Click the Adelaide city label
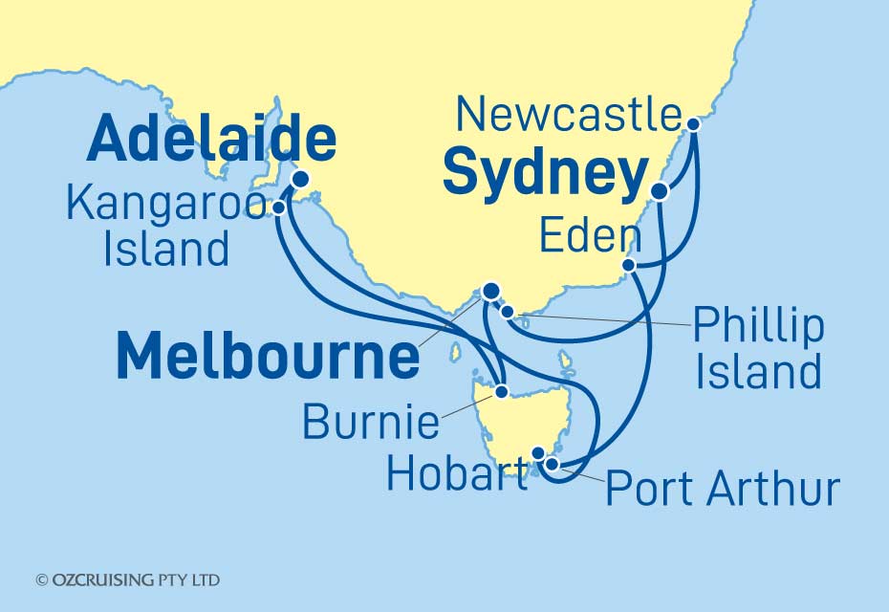point(211,140)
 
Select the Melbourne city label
point(268,357)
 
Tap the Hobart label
point(456,474)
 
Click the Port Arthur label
point(723,489)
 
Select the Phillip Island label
point(758,348)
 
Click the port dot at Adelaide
point(300,178)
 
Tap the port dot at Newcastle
point(693,123)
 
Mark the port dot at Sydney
point(659,191)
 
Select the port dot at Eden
point(628,265)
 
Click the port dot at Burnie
point(500,391)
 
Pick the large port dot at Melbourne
point(491,292)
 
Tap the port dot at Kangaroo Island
point(278,207)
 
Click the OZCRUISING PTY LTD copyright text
point(127,580)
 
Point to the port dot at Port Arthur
point(552,464)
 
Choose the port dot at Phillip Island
point(508,311)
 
